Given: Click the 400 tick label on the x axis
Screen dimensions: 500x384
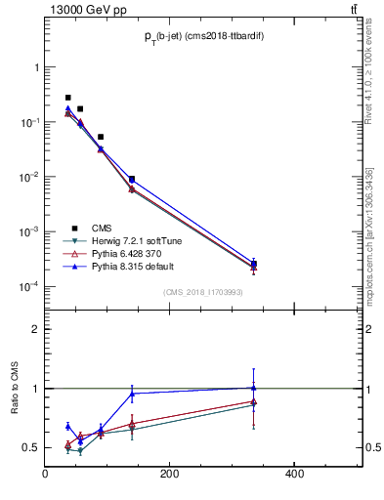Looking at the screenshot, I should [x=293, y=475].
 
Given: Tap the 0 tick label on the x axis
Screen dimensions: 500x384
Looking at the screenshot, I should [x=46, y=475].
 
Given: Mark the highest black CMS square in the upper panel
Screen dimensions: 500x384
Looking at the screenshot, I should [x=67, y=98].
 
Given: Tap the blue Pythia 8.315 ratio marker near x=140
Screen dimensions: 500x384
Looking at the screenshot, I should [x=132, y=394].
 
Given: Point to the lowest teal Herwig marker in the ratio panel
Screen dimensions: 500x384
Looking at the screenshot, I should [x=80, y=451].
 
